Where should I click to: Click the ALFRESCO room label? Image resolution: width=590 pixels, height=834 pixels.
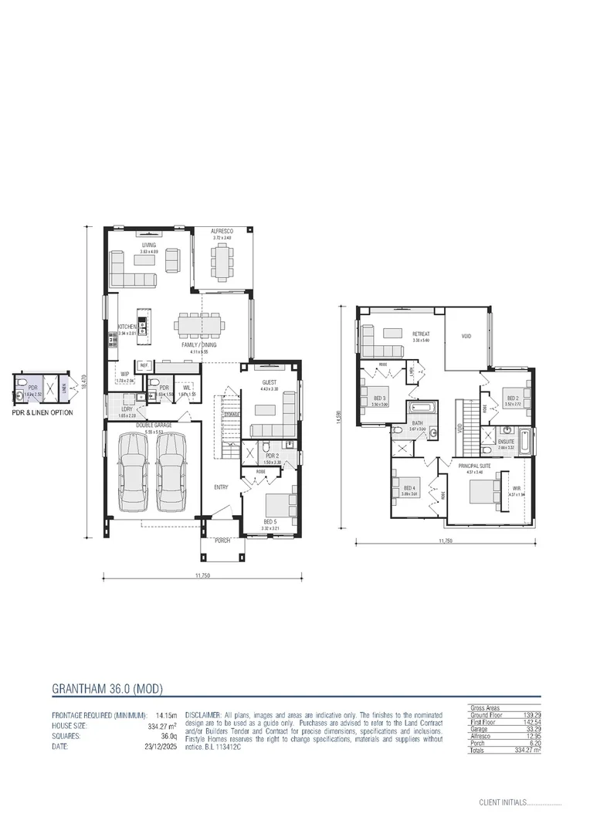pos(222,230)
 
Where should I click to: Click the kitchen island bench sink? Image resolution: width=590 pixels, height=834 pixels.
pos(142,319)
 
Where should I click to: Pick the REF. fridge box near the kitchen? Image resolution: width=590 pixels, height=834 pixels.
pos(144,364)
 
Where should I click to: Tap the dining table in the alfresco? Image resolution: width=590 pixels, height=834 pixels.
pos(222,262)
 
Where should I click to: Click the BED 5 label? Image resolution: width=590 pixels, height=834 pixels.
pos(269,522)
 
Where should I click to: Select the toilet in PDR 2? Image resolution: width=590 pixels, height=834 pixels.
pos(266,447)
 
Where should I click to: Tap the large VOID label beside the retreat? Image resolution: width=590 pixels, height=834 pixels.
pos(466,336)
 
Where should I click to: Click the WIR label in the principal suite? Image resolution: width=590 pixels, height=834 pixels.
pos(517,489)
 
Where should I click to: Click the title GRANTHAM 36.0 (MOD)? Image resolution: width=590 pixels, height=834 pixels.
pos(107,688)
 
